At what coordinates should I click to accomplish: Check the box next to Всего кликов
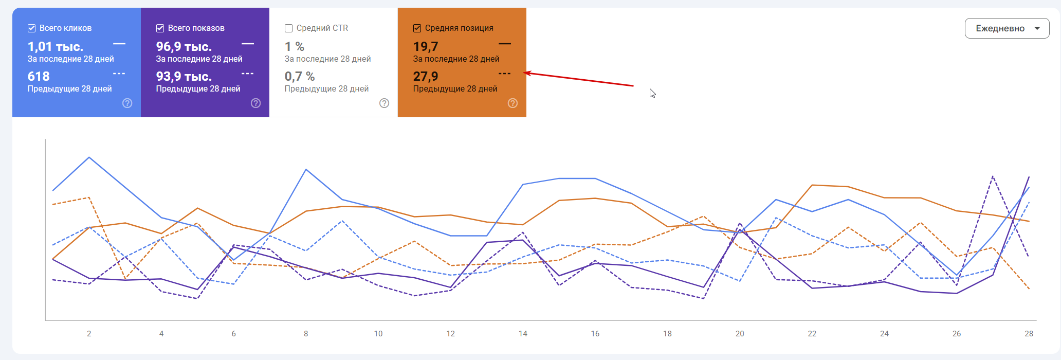pos(32,28)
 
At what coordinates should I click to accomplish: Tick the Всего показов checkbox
pos(160,28)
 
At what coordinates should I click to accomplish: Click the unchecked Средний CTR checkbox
pos(289,28)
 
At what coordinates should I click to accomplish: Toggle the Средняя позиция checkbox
pos(417,28)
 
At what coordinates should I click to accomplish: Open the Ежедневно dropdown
pos(1007,29)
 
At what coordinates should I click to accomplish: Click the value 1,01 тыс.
pos(56,47)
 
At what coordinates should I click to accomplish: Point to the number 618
pos(39,77)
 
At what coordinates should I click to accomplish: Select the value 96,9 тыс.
pos(184,47)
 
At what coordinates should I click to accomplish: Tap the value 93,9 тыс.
pos(184,77)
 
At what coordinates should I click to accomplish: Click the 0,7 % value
pos(300,77)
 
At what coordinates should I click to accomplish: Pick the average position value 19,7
pos(426,47)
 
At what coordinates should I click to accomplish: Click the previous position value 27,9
pos(426,77)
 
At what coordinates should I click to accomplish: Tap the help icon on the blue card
pos(127,103)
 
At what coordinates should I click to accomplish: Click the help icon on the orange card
pos(513,103)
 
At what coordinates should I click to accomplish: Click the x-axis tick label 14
pos(523,334)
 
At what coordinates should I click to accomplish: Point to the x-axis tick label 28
pos(1029,334)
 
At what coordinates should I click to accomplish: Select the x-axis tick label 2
pos(89,334)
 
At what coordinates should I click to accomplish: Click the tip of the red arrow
pos(525,73)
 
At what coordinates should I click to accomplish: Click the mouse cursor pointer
pos(652,93)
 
